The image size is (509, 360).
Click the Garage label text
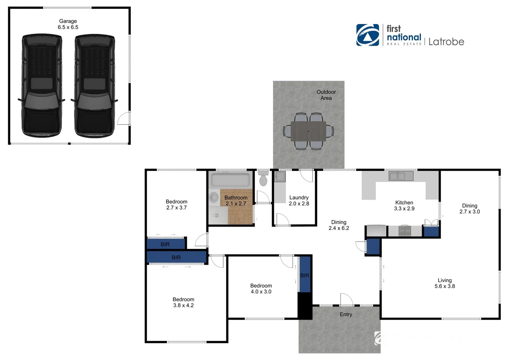[68, 24]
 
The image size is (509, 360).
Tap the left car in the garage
[42, 85]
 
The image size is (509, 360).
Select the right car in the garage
[95, 85]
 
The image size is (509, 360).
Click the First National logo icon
[367, 35]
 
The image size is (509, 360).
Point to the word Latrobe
[446, 42]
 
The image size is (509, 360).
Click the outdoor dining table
[308, 131]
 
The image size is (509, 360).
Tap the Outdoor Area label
[326, 95]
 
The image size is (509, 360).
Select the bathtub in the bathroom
[230, 180]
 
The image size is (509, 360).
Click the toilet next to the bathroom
[263, 178]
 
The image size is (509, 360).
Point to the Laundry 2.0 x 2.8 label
[299, 200]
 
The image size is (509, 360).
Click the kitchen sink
[401, 176]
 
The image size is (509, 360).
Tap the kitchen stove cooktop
[405, 230]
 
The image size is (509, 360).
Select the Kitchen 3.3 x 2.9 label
[404, 205]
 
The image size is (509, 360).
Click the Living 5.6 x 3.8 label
[444, 283]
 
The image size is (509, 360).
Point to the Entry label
[346, 314]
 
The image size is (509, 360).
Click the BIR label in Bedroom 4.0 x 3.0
[305, 275]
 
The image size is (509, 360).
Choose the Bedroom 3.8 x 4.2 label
[183, 302]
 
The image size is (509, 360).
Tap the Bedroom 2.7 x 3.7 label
[176, 204]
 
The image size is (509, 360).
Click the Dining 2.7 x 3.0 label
[469, 208]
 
